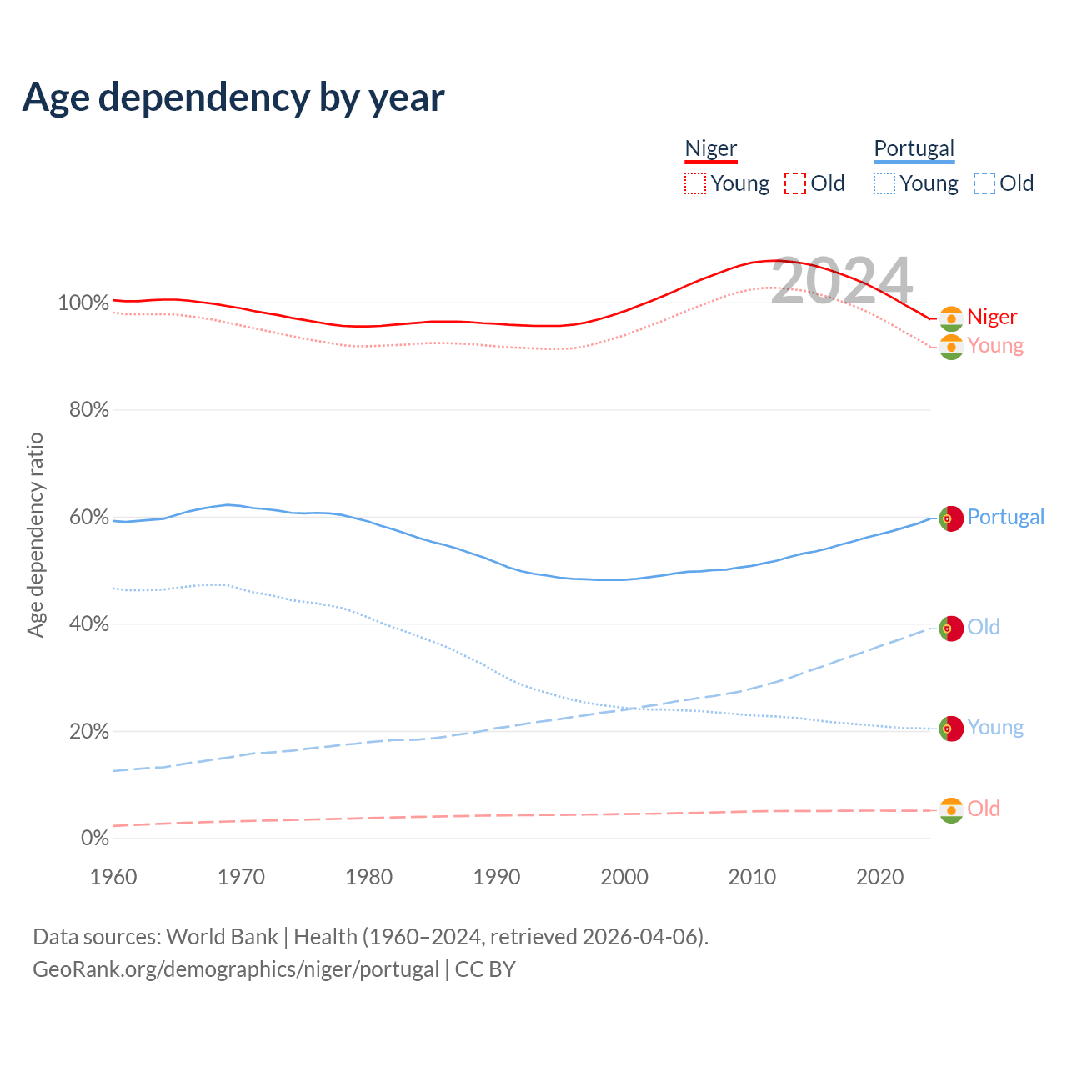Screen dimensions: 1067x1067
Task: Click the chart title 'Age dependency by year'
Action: coord(233,98)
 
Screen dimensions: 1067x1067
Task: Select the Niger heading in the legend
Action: coord(711,148)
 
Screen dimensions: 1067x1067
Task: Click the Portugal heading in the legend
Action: coord(914,148)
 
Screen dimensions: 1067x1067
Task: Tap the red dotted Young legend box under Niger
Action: coord(695,183)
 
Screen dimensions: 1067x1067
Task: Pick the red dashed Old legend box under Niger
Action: coord(795,183)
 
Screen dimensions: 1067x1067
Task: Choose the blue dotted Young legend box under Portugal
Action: coord(884,183)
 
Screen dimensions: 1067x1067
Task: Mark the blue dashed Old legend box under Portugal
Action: coord(984,183)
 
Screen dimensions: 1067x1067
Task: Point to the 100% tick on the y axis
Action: coord(83,303)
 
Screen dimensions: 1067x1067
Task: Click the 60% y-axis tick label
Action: coord(88,518)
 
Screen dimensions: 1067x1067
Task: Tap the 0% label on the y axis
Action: coord(94,839)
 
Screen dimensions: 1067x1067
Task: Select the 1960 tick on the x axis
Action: coord(113,877)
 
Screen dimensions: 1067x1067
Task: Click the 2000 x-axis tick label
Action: coord(624,877)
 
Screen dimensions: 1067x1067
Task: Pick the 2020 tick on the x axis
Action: coord(880,877)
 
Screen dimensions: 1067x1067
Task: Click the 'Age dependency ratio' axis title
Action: coord(35,535)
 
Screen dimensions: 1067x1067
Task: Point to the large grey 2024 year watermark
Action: coord(842,280)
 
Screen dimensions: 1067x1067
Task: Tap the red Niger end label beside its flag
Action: coord(992,318)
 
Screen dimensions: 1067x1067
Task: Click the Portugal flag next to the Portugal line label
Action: coord(951,518)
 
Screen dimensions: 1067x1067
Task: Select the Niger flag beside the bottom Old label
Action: coord(951,810)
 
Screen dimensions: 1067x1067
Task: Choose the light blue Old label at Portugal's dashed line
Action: coord(984,628)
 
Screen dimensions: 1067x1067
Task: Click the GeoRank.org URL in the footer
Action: coord(236,969)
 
